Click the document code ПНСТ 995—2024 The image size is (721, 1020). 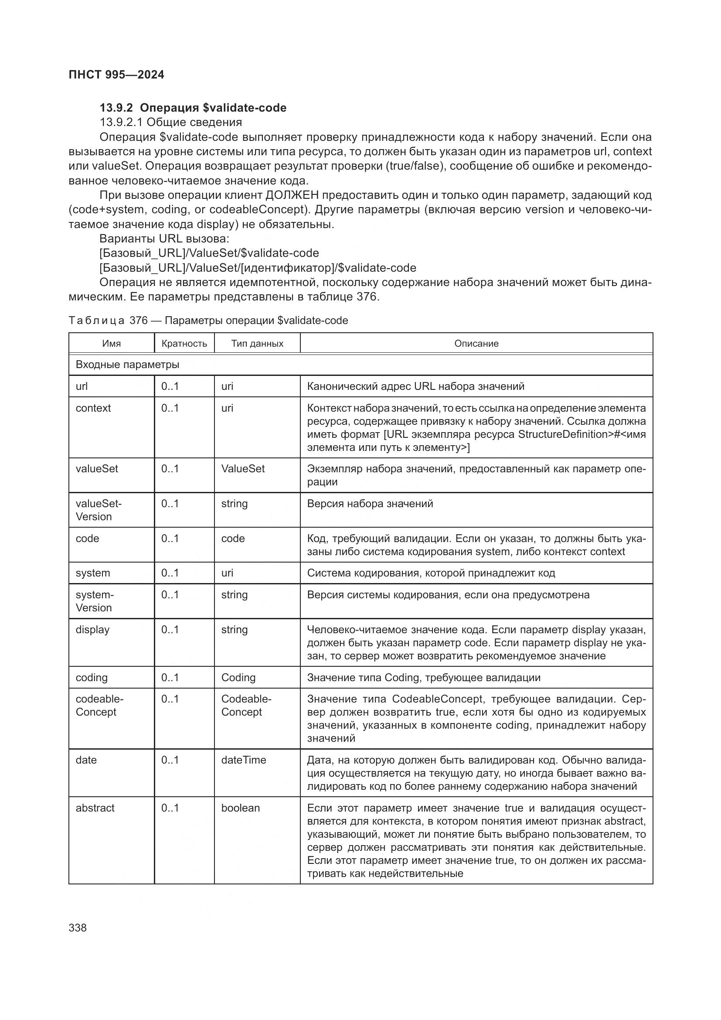(116, 75)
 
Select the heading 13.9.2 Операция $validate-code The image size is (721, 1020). (193, 108)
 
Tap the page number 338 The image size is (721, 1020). (78, 928)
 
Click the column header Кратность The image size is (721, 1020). (184, 343)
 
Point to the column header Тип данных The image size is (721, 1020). (257, 343)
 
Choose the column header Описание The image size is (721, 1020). (476, 343)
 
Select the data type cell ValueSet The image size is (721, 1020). (243, 469)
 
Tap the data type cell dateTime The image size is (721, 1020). (243, 760)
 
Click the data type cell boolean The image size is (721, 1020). (240, 808)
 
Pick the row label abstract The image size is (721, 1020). (95, 808)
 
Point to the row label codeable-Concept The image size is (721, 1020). (99, 705)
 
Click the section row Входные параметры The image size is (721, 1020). (127, 365)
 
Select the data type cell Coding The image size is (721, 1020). (238, 678)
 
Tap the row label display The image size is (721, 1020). (92, 630)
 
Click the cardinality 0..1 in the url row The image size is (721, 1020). (170, 386)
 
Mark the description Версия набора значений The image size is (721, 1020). (370, 503)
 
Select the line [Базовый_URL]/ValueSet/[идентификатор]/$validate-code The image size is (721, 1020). (258, 268)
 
